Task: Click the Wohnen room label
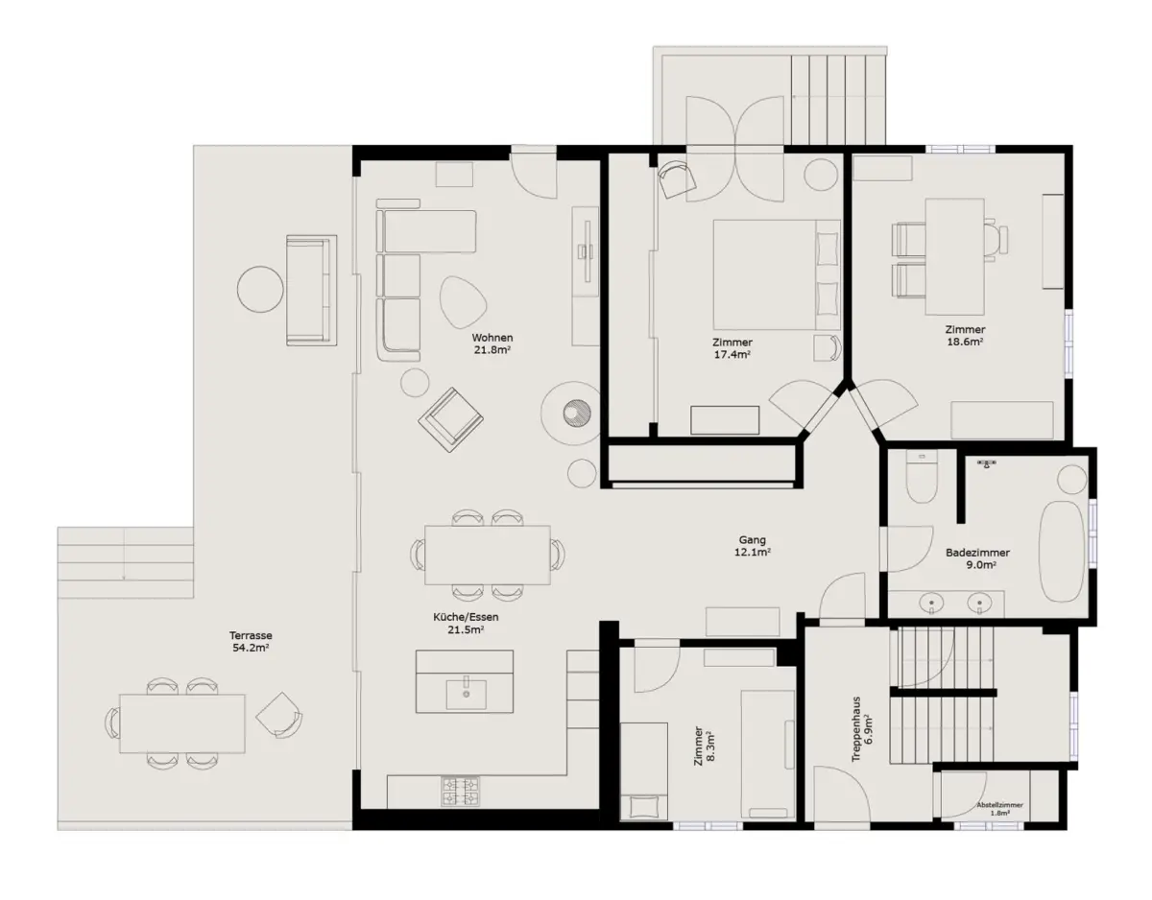492,338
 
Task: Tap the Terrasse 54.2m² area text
251,641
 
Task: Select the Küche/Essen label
466,617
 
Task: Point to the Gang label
752,540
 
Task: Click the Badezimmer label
977,553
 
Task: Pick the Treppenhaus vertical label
856,729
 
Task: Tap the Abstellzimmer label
1000,805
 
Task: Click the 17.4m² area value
732,354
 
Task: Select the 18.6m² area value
966,342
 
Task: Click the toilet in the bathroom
922,476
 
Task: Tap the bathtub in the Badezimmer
1062,552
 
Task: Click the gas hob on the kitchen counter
460,792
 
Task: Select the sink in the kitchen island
466,695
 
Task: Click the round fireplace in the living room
576,413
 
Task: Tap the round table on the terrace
260,289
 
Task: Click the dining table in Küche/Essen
488,555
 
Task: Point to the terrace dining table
182,723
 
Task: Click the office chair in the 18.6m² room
996,240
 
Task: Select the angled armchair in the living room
450,419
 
